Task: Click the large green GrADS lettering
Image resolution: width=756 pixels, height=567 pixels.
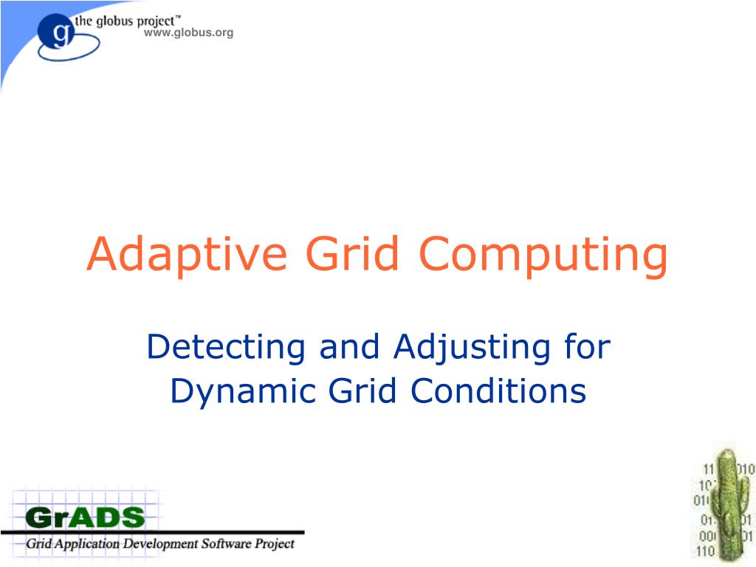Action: pyautogui.click(x=85, y=516)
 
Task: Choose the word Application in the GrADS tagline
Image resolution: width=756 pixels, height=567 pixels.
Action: pyautogui.click(x=81, y=545)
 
